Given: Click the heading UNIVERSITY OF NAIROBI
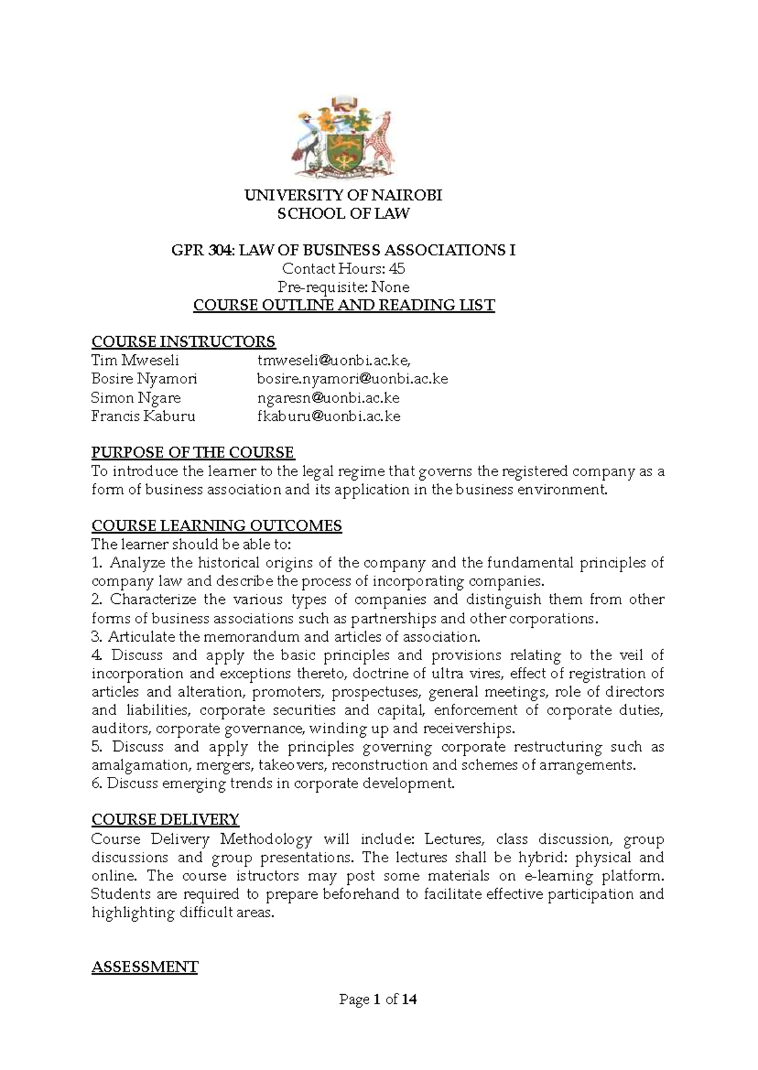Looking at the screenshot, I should [344, 195].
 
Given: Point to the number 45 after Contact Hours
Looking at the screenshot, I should [397, 269].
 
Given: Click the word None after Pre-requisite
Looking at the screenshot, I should [390, 287].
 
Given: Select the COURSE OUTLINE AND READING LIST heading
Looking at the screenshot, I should [344, 306].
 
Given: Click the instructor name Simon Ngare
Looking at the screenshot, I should [136, 398].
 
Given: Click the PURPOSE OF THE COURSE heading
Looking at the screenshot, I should [193, 453].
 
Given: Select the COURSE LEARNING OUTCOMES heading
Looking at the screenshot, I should [217, 526].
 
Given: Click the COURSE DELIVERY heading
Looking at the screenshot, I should [165, 820].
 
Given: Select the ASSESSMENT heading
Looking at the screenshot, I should [145, 967].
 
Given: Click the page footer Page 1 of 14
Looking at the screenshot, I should [378, 1000].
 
